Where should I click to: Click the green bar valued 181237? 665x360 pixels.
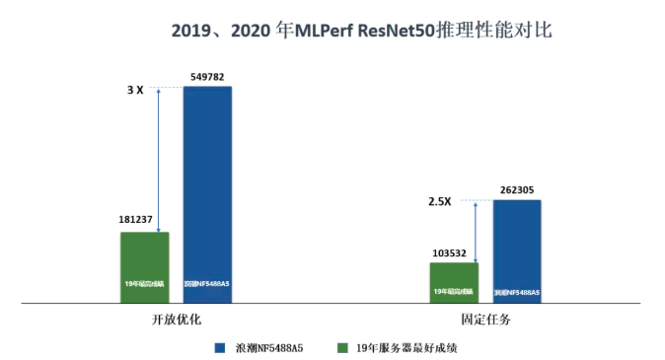tap(145, 266)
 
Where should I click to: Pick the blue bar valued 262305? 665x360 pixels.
tap(517, 251)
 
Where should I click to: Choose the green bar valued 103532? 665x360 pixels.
tap(454, 281)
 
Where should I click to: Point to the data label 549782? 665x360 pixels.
tap(207, 76)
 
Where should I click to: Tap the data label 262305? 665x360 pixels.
tap(517, 189)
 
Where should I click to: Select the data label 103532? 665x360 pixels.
tap(453, 253)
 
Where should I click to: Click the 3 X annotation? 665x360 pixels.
tap(135, 90)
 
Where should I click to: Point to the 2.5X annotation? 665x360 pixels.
tap(439, 202)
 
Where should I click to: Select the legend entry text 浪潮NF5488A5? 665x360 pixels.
tap(268, 347)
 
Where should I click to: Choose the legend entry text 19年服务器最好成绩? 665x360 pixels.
tap(406, 347)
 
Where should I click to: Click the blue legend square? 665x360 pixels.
tap(219, 347)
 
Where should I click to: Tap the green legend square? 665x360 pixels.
tap(342, 347)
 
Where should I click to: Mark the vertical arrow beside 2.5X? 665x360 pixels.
tap(476, 231)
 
